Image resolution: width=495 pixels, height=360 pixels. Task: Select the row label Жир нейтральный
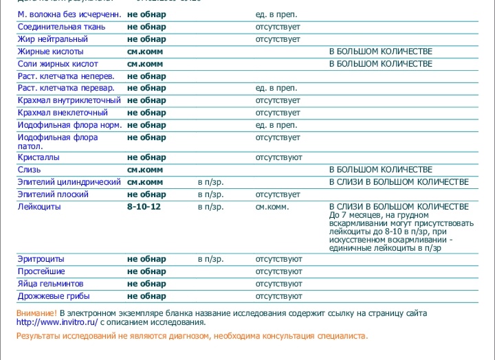pyautogui.click(x=52, y=39)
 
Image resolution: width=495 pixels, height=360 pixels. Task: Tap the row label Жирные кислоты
pyautogui.click(x=51, y=52)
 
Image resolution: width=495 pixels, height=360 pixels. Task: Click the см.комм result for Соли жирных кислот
pyautogui.click(x=145, y=64)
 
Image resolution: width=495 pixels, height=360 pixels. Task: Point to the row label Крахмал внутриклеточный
pyautogui.click(x=69, y=100)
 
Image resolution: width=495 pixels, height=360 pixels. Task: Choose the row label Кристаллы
pyautogui.click(x=38, y=157)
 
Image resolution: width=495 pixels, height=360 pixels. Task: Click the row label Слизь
pyautogui.click(x=29, y=170)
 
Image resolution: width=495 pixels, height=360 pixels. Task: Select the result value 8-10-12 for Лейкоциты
pyautogui.click(x=144, y=207)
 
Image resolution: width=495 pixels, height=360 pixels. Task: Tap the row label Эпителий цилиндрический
pyautogui.click(x=69, y=182)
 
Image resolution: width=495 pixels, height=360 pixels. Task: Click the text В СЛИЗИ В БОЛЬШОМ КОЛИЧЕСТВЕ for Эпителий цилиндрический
pyautogui.click(x=399, y=182)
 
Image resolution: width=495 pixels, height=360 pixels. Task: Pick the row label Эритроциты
pyautogui.click(x=41, y=259)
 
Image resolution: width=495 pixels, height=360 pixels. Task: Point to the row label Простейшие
pyautogui.click(x=42, y=271)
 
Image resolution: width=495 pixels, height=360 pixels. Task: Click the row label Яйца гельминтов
pyautogui.click(x=51, y=284)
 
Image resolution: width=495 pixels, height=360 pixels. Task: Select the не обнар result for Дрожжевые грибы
pyautogui.click(x=146, y=296)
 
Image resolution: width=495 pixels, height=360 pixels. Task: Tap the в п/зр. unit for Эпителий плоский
pyautogui.click(x=210, y=194)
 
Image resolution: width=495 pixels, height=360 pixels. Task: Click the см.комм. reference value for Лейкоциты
pyautogui.click(x=272, y=207)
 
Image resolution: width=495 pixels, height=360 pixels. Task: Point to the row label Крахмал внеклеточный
pyautogui.click(x=63, y=113)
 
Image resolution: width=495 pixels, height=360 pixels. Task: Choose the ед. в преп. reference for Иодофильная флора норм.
pyautogui.click(x=276, y=125)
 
